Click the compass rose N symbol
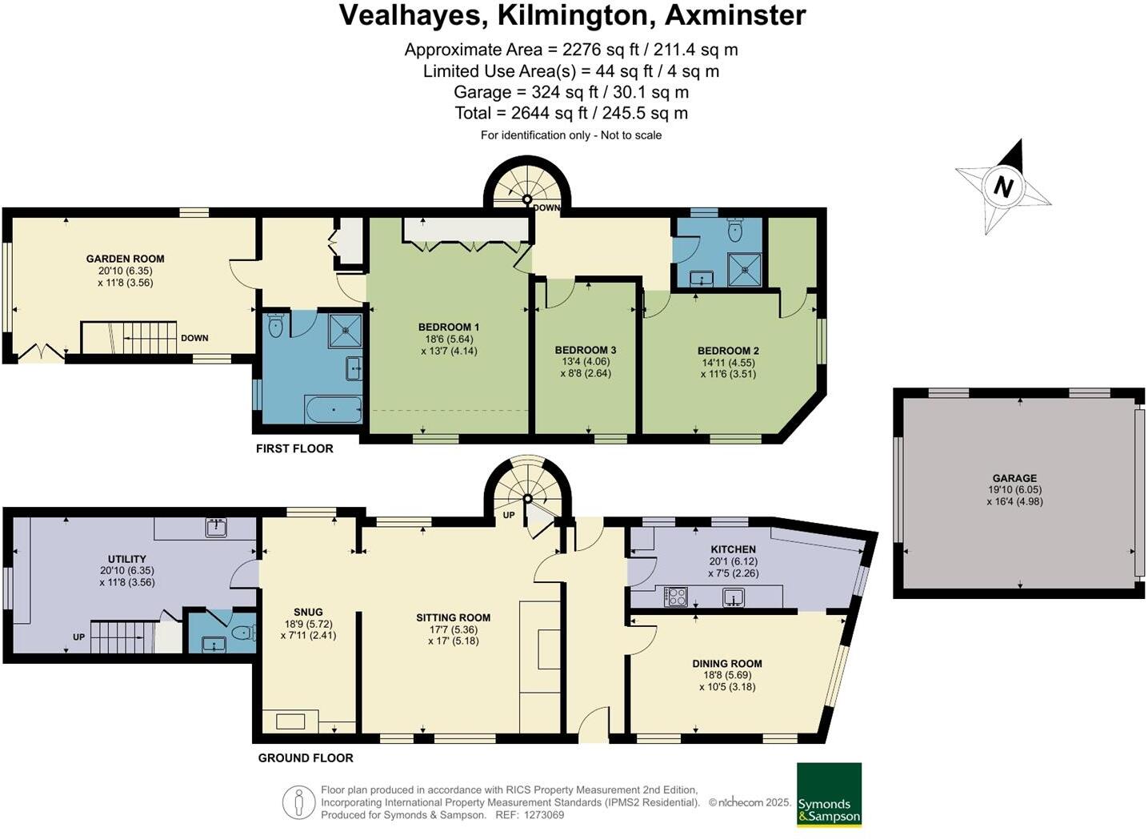[1002, 187]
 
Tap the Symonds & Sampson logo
[829, 794]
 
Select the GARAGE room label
[1014, 478]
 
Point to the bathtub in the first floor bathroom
[333, 411]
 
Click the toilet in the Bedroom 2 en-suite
[735, 231]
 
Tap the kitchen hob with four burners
[676, 597]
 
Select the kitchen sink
[733, 597]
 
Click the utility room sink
[215, 528]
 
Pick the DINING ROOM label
[726, 663]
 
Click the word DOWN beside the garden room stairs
[194, 338]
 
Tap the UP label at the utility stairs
[78, 637]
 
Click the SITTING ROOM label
[453, 617]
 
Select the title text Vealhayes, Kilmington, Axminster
[572, 15]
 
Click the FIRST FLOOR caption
[294, 448]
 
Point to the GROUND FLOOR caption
[305, 758]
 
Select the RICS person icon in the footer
[299, 802]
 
